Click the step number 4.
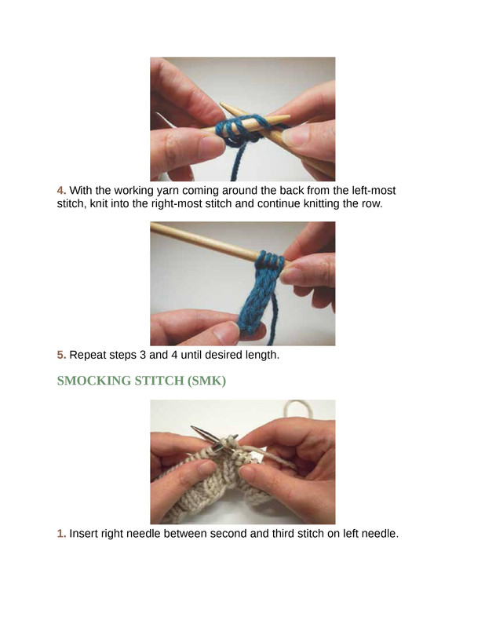coord(61,190)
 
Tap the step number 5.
coord(61,355)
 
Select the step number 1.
coord(61,534)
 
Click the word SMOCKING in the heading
coord(93,381)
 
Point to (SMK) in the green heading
coord(206,381)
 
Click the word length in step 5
coord(261,356)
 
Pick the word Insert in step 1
coord(83,534)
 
